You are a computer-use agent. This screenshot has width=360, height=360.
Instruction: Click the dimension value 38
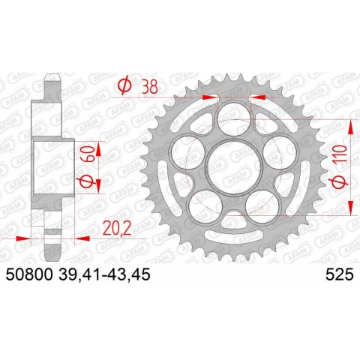point(150,87)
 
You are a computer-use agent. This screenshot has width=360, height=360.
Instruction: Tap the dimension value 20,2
point(117,229)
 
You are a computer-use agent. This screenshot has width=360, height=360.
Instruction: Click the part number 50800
point(29,274)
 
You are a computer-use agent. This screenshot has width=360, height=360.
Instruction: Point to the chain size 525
point(340,274)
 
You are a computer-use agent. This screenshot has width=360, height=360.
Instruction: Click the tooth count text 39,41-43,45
point(104,274)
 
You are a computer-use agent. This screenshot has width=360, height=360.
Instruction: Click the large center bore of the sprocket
point(234,167)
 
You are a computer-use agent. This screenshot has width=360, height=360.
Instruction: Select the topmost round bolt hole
point(234,118)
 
